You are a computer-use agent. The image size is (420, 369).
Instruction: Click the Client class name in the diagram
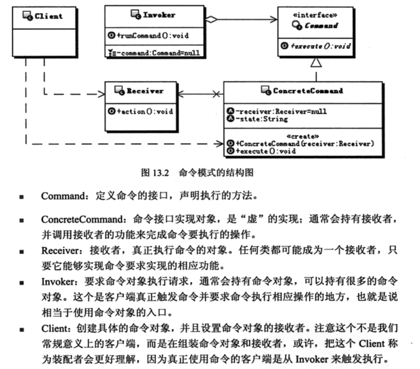point(48,16)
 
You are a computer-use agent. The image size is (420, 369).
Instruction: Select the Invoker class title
point(159,15)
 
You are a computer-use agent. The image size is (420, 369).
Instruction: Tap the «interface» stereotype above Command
point(315,15)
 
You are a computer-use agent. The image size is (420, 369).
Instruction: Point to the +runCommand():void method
point(153,36)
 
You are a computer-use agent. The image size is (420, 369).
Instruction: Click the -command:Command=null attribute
point(159,53)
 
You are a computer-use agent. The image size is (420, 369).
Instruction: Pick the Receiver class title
point(145,91)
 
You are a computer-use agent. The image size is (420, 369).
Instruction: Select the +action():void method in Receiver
point(144,112)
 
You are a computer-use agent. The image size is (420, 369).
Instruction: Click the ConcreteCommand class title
point(308,91)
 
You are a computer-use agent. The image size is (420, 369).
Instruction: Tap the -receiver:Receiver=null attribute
point(281,112)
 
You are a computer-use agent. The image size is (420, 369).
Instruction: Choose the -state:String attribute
point(262,119)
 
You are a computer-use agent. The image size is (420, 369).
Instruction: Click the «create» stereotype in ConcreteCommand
point(302,136)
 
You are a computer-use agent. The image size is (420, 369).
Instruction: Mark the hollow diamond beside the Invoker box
point(212,20)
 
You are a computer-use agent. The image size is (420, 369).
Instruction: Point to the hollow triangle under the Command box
point(316,62)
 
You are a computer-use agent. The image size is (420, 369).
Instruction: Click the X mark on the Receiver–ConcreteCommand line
point(216,94)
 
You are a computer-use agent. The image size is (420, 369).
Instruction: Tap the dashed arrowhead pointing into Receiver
point(102,94)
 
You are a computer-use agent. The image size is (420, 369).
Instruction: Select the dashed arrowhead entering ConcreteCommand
point(219,144)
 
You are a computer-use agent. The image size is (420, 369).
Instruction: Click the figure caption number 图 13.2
point(155,172)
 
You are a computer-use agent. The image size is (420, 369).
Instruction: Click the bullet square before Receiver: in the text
point(22,251)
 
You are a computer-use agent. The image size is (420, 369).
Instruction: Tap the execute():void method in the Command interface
point(321,46)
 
